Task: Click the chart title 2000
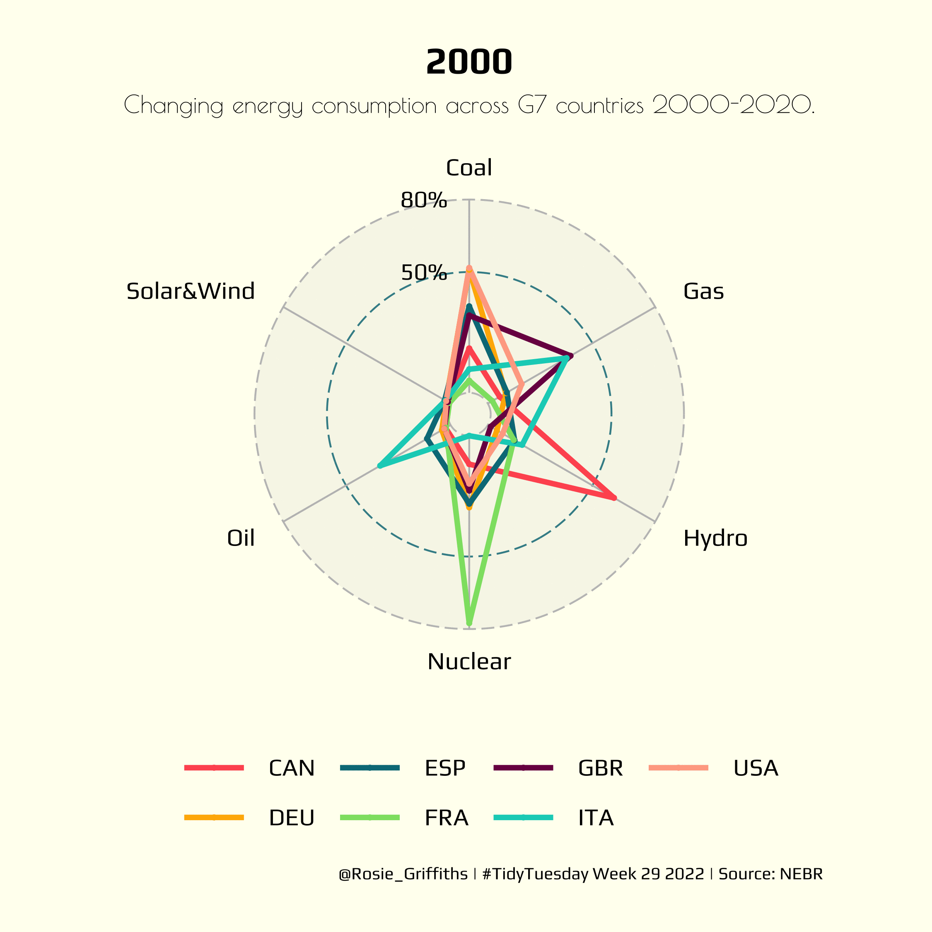(469, 62)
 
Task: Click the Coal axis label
(469, 168)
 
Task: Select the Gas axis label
(703, 291)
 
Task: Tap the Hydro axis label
(715, 538)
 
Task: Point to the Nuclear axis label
(469, 662)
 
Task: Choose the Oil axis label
(241, 538)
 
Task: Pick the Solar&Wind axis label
(191, 291)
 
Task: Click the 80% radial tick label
(424, 200)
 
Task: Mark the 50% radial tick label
(424, 273)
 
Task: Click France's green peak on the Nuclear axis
(469, 624)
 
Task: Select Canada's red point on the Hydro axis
(614, 498)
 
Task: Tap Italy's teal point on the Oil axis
(380, 466)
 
